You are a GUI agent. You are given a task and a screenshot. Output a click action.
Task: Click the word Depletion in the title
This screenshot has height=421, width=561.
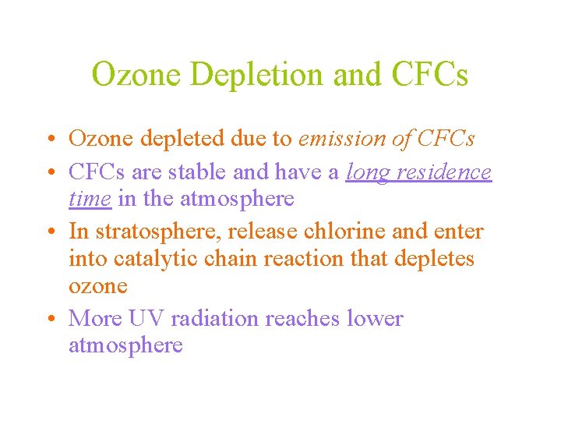tap(258, 76)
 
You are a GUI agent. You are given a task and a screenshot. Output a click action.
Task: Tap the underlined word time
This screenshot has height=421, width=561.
tap(90, 199)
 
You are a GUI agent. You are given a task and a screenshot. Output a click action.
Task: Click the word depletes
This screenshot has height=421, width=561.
tap(436, 259)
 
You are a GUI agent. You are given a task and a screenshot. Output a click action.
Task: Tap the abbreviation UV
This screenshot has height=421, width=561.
tap(143, 319)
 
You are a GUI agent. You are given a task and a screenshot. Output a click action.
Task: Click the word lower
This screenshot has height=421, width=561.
tap(375, 319)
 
